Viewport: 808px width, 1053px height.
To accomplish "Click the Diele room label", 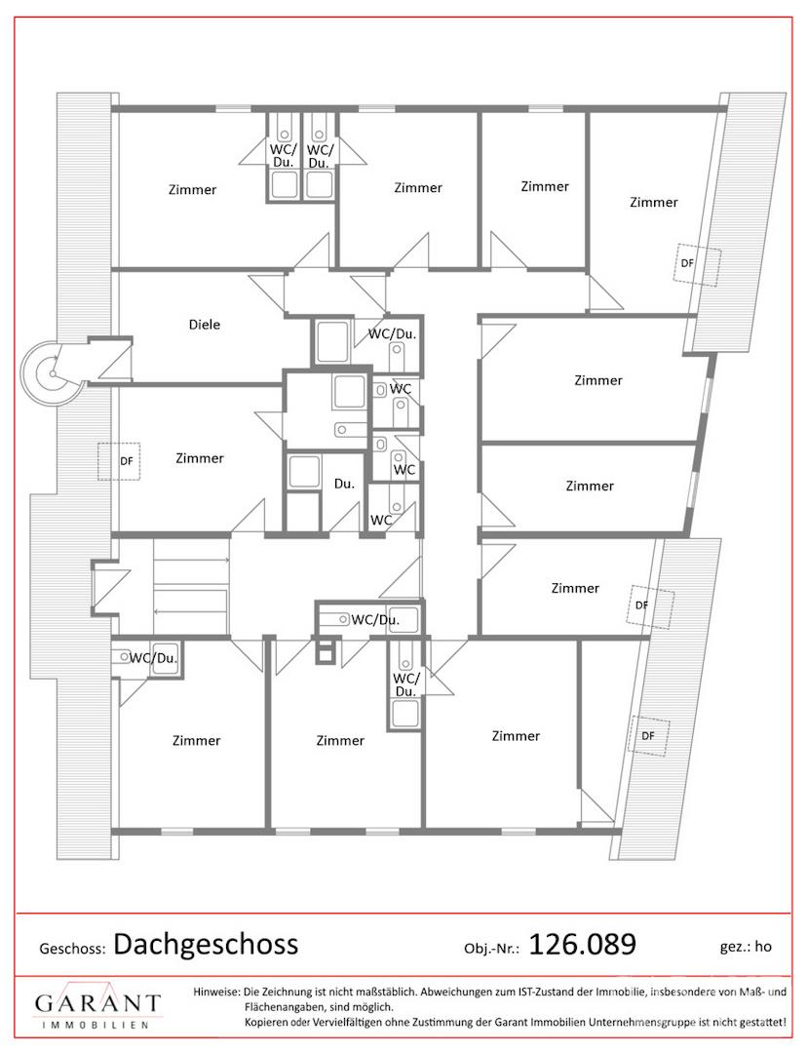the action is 205,325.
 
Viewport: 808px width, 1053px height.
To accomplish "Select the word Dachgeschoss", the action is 206,945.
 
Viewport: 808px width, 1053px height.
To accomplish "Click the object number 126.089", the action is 583,944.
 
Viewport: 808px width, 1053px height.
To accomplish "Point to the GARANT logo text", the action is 98,1003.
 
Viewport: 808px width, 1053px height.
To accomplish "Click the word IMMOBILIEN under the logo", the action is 96,1025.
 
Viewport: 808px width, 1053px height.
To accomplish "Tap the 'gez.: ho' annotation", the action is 746,947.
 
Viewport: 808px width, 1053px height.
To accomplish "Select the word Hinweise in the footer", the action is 216,992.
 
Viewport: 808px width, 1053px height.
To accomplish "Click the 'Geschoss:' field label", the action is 72,949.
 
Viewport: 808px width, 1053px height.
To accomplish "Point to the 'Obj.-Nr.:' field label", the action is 492,949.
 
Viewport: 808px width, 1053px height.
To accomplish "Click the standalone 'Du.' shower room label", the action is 344,484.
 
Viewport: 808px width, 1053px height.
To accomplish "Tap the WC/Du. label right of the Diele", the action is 392,333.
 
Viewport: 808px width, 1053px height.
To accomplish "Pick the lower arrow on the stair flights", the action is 192,611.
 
